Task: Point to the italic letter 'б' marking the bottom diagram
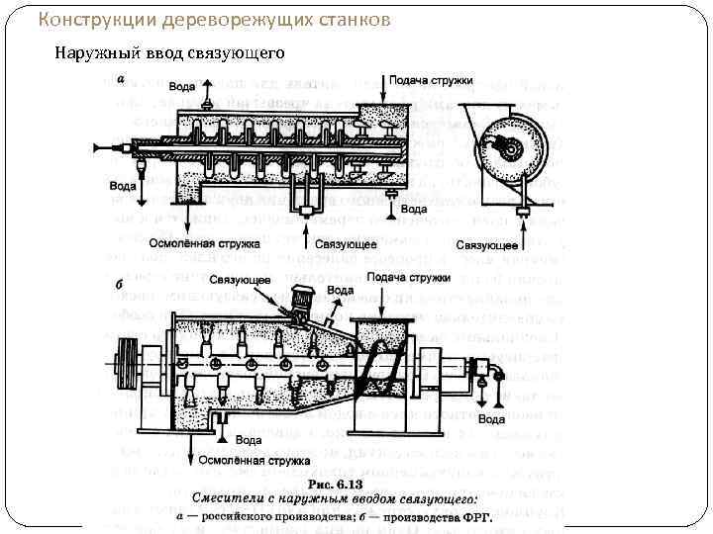click(119, 285)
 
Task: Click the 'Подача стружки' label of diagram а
click(431, 79)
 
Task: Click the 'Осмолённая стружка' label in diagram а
click(205, 242)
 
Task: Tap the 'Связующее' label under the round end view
click(488, 243)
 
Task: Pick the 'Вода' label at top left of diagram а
click(182, 87)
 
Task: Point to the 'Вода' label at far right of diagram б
click(492, 419)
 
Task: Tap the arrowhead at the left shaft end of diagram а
click(98, 147)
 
